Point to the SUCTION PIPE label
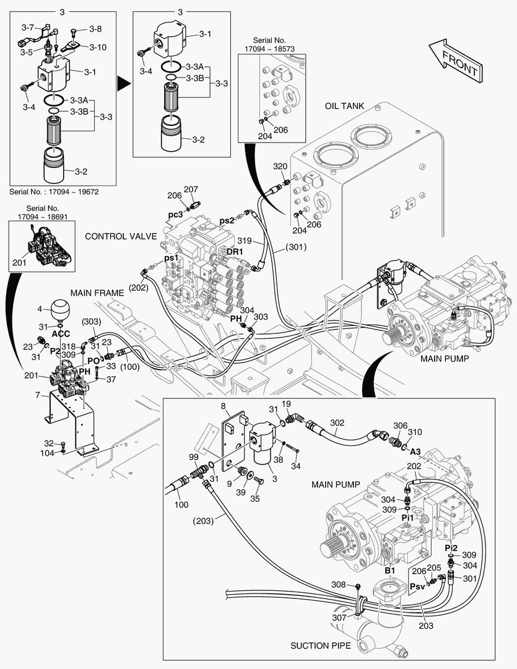pyautogui.click(x=321, y=645)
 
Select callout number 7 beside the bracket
pyautogui.click(x=39, y=395)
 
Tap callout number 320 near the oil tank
pyautogui.click(x=280, y=167)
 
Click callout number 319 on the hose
pyautogui.click(x=245, y=241)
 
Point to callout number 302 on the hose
pyautogui.click(x=337, y=423)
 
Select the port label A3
pyautogui.click(x=415, y=451)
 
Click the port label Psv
pyautogui.click(x=418, y=585)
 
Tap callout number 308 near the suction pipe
pyautogui.click(x=338, y=584)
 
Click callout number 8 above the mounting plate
pyautogui.click(x=223, y=406)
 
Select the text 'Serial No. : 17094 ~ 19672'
pyautogui.click(x=54, y=192)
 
